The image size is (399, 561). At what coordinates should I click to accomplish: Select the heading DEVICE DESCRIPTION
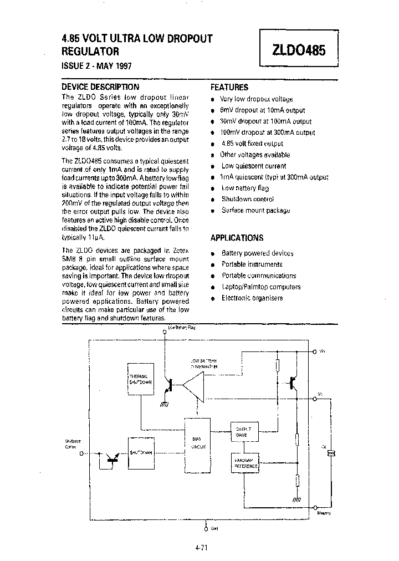click(100, 87)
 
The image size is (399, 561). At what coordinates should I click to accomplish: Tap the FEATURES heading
click(229, 88)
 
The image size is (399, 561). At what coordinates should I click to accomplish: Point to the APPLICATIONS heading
click(237, 238)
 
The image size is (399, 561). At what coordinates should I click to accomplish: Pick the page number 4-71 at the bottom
click(201, 547)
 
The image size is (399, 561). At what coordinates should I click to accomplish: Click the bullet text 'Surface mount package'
click(255, 211)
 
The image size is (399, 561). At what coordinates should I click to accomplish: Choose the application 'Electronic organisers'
click(252, 298)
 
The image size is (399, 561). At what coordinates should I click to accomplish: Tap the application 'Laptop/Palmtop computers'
click(260, 287)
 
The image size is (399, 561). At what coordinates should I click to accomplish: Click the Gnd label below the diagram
click(214, 528)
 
